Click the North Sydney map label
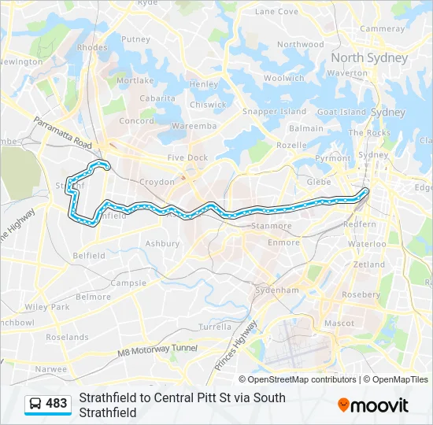tap(369, 58)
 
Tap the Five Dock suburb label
tap(187, 158)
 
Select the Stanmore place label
tap(270, 226)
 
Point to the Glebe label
tap(317, 182)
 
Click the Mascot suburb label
tap(339, 323)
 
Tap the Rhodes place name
tap(93, 48)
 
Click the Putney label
tap(135, 39)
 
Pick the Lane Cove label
tap(276, 12)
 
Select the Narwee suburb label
tap(51, 368)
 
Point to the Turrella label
tap(215, 327)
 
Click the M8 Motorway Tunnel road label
tap(157, 351)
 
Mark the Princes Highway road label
tap(236, 346)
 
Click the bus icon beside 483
tap(35, 404)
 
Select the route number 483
tap(57, 404)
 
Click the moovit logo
tap(373, 405)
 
